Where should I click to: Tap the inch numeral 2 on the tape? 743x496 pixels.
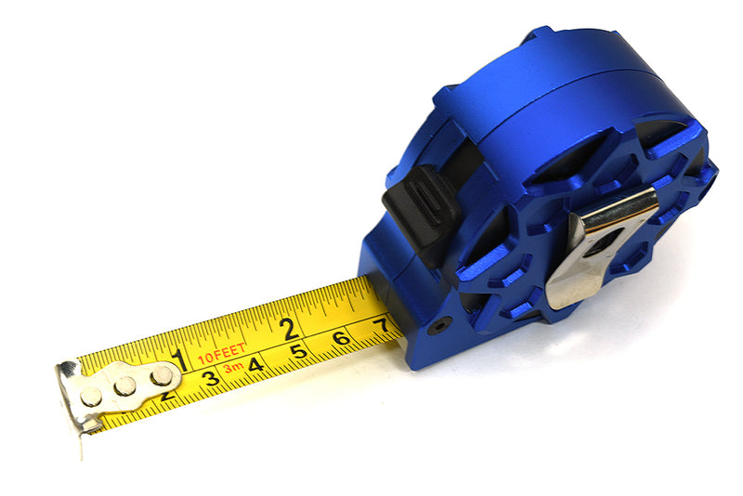coord(289,327)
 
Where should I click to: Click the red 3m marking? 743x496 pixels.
coord(232,369)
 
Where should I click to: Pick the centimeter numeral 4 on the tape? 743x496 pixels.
coord(254,365)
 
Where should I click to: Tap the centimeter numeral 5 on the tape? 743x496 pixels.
coord(297,351)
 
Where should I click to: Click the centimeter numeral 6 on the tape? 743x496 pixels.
coord(341,338)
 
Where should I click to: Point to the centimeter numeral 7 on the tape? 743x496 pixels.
coord(379,325)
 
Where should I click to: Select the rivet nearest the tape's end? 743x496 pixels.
coord(91,397)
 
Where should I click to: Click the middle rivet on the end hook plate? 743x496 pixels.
coord(125,385)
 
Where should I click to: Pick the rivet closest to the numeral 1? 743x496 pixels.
coord(162,375)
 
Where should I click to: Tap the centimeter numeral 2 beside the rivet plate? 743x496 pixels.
coord(167,395)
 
